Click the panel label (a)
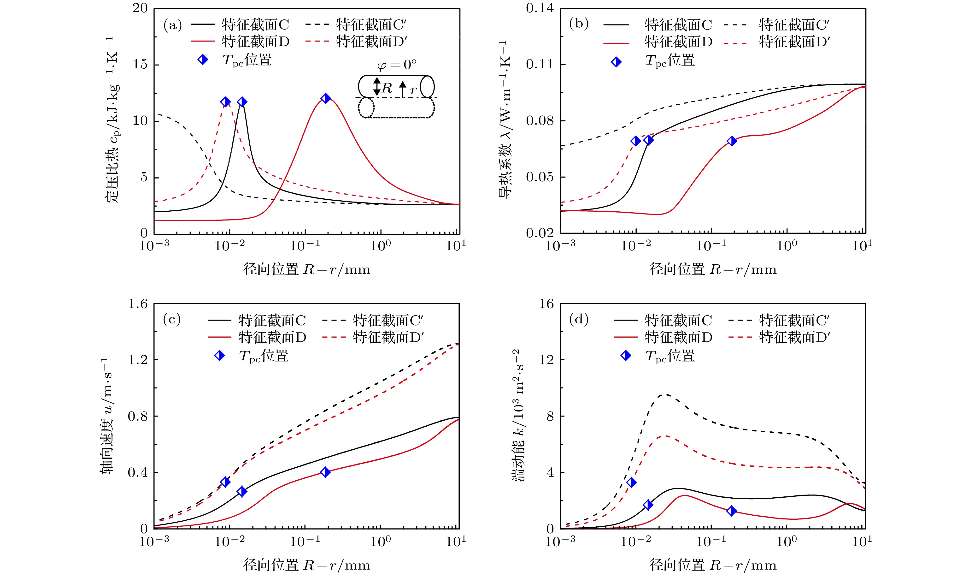172,25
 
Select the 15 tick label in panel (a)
140,64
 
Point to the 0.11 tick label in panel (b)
540,64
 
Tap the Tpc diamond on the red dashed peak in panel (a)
225,102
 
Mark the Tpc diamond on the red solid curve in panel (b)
732,141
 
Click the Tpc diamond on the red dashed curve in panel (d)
632,483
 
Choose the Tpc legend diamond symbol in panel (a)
203,60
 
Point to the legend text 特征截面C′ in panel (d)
794,321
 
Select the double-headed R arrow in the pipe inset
376,86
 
